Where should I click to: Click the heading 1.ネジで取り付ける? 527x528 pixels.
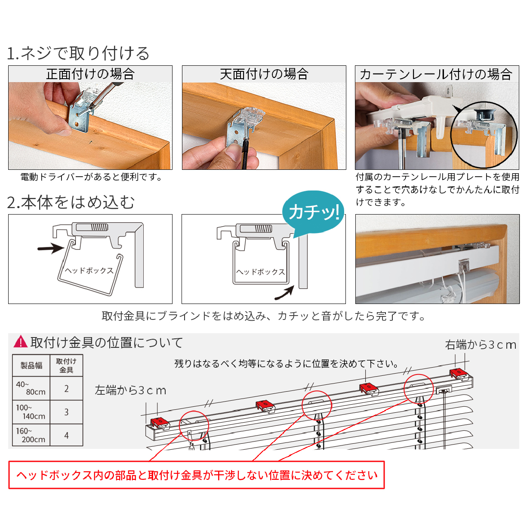pyautogui.click(x=78, y=53)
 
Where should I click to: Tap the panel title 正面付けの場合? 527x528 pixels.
pyautogui.click(x=90, y=74)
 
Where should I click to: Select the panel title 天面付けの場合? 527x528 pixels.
pyautogui.click(x=264, y=74)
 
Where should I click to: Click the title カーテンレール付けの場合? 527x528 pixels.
pyautogui.click(x=436, y=74)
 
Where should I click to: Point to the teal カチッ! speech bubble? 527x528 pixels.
pyautogui.click(x=313, y=212)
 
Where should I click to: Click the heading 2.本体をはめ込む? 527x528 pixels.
pyautogui.click(x=71, y=202)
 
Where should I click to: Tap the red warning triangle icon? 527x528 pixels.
pyautogui.click(x=21, y=342)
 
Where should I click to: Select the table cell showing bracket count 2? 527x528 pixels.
pyautogui.click(x=66, y=389)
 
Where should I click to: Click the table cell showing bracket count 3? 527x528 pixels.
pyautogui.click(x=66, y=412)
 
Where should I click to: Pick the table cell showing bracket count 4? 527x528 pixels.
pyautogui.click(x=66, y=435)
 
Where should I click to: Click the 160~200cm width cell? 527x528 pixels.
pyautogui.click(x=31, y=435)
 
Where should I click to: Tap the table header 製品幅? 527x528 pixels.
pyautogui.click(x=31, y=365)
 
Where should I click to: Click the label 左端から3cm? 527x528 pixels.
pyautogui.click(x=130, y=390)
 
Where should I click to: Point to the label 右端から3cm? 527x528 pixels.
pyautogui.click(x=481, y=345)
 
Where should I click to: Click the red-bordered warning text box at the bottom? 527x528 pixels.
pyautogui.click(x=197, y=475)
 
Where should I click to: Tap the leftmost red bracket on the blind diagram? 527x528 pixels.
pyautogui.click(x=160, y=423)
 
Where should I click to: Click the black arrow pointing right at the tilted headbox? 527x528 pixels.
pyautogui.click(x=51, y=248)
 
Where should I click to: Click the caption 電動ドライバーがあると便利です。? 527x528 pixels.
pyautogui.click(x=92, y=177)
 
